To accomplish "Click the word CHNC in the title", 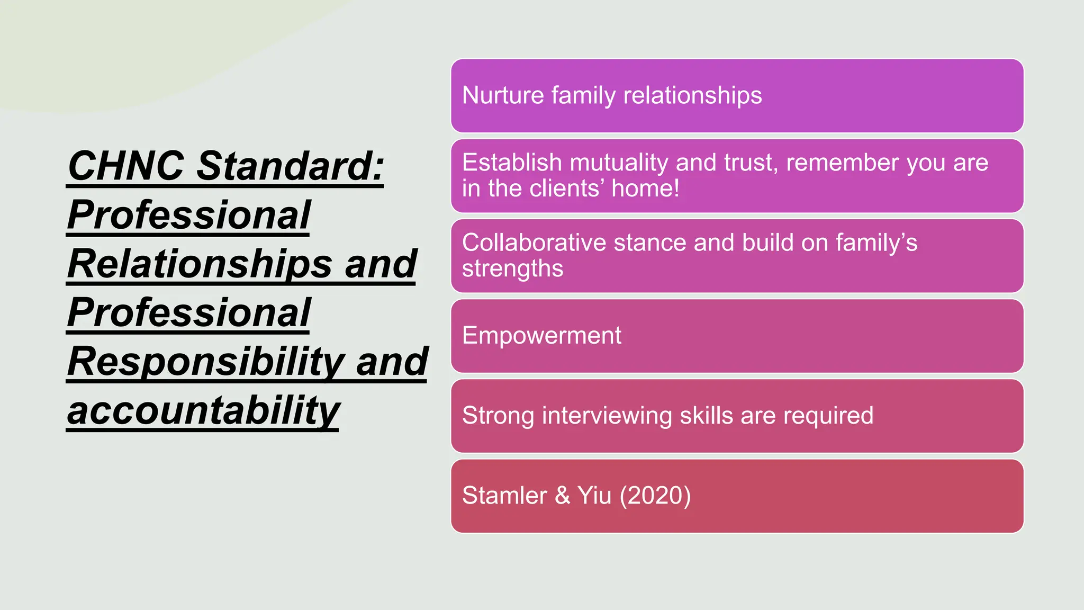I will (x=126, y=166).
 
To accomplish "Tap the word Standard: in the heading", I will (x=290, y=166).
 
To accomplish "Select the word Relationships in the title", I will (x=200, y=264).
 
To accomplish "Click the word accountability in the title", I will (x=203, y=410).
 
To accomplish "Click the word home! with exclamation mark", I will (x=645, y=189).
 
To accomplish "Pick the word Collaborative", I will (x=534, y=243).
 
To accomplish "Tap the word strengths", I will (x=512, y=269).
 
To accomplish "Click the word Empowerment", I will (x=541, y=336).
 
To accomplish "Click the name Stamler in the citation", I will (x=504, y=496).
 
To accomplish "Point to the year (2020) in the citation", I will (x=655, y=496).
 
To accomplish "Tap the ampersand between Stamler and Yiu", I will (x=562, y=496).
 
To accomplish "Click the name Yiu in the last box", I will (x=594, y=496).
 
